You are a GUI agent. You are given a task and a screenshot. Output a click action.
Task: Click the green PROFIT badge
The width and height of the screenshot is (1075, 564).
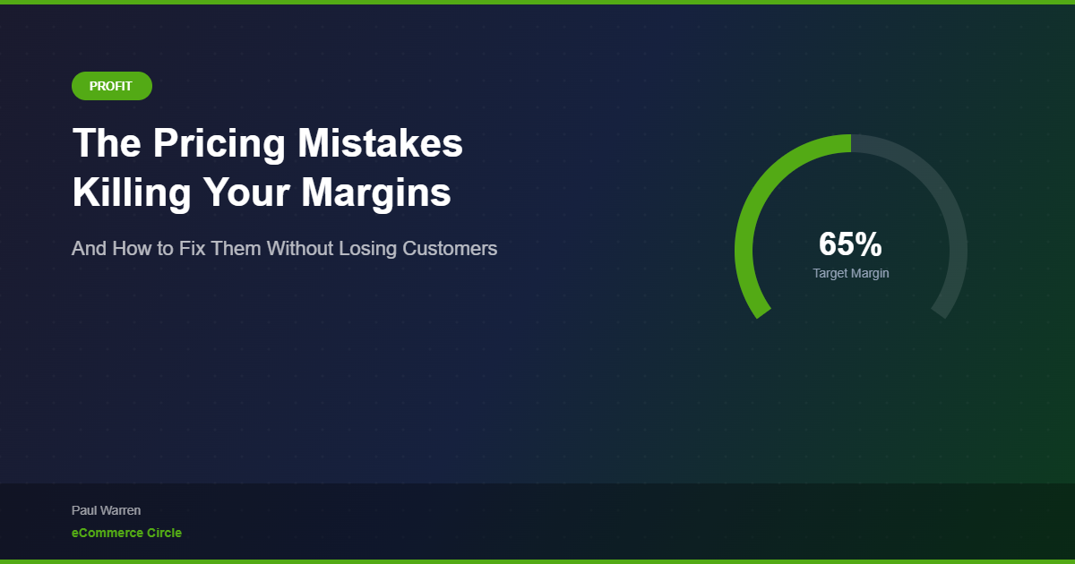coord(111,86)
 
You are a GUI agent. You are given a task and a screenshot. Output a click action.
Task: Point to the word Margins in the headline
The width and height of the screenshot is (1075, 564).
coord(376,192)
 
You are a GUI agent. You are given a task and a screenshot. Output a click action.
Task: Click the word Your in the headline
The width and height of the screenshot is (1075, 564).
coord(245,192)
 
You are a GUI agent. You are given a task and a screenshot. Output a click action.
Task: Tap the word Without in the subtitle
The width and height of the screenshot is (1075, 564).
coord(300,248)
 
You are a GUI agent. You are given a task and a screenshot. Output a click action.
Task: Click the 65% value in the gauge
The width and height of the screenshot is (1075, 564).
coord(850,244)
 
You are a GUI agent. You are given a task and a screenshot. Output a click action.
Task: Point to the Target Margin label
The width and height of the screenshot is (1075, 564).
coord(851,273)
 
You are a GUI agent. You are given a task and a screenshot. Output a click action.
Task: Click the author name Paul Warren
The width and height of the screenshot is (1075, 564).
coord(106,510)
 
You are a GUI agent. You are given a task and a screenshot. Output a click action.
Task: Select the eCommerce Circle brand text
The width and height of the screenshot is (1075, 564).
coord(126,533)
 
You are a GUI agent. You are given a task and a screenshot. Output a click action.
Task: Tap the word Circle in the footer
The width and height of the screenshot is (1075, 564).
coord(164,533)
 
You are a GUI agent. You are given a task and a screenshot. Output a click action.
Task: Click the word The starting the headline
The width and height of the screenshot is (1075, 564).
coord(105,144)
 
